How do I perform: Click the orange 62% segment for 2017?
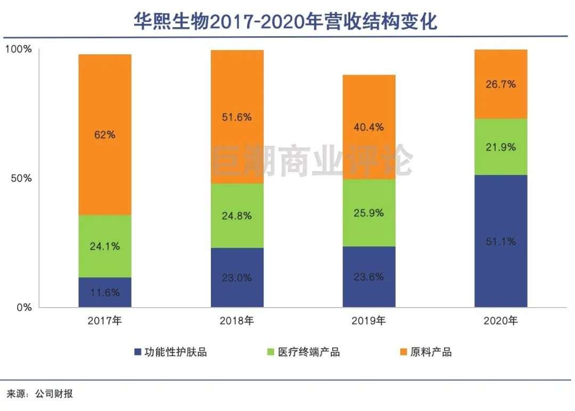point(105,134)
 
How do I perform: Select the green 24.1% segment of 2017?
point(105,246)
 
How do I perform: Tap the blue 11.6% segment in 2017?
point(105,292)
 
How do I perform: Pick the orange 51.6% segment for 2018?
point(237,117)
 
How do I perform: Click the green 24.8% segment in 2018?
point(237,215)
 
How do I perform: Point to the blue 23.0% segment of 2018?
point(237,277)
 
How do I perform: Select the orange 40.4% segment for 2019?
point(369,127)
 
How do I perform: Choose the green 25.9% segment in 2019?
point(369,213)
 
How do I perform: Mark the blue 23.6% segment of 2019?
point(369,277)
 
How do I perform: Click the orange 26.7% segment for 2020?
point(501,84)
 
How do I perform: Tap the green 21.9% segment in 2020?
point(501,147)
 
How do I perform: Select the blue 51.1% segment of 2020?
point(501,241)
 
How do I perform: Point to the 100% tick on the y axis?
point(19,50)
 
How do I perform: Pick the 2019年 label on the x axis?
point(369,321)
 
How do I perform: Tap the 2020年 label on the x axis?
point(501,321)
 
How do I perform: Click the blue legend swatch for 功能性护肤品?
point(138,352)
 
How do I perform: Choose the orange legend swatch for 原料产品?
point(402,352)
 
